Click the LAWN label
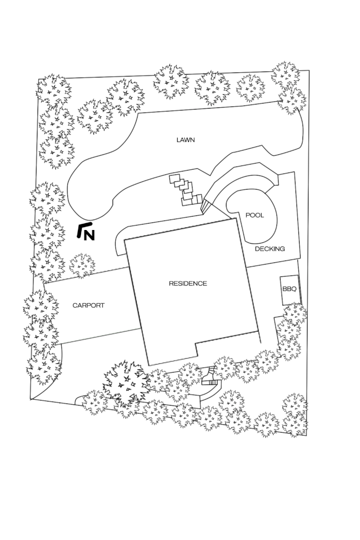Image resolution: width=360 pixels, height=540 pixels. click(185, 140)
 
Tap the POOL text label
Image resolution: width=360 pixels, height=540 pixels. click(254, 215)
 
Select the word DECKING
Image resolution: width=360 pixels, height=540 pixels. click(269, 248)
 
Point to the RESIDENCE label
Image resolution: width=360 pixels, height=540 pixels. click(188, 283)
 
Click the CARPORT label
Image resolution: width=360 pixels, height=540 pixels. click(88, 305)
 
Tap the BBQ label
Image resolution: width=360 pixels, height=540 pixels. click(289, 289)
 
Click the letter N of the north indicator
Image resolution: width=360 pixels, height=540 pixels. click(89, 235)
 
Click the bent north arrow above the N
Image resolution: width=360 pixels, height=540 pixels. click(82, 228)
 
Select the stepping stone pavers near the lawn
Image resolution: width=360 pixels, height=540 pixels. click(185, 189)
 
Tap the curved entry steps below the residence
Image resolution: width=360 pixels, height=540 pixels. click(210, 376)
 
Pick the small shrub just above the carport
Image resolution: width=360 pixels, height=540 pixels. click(82, 266)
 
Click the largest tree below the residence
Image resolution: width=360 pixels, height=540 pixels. click(126, 383)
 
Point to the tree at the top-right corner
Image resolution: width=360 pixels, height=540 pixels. click(285, 74)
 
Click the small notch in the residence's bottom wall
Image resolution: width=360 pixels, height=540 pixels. click(196, 349)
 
